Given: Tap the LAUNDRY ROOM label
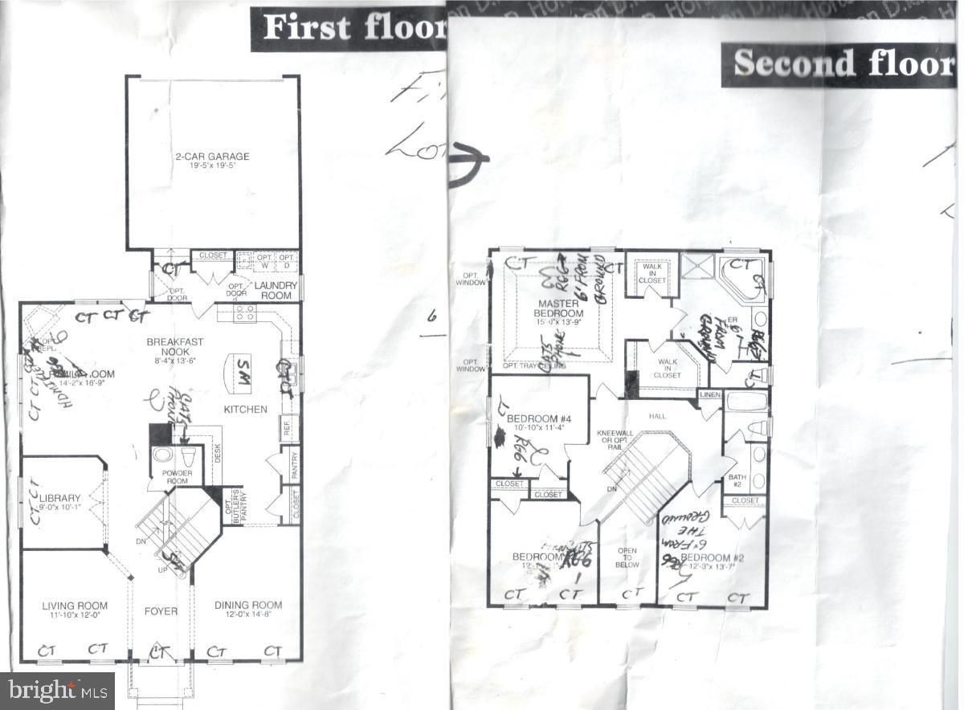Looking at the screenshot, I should click(x=273, y=290).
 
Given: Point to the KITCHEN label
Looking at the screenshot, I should click(x=245, y=409).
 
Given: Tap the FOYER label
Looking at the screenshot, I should click(x=161, y=611).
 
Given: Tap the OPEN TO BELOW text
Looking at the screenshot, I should click(x=627, y=558).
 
